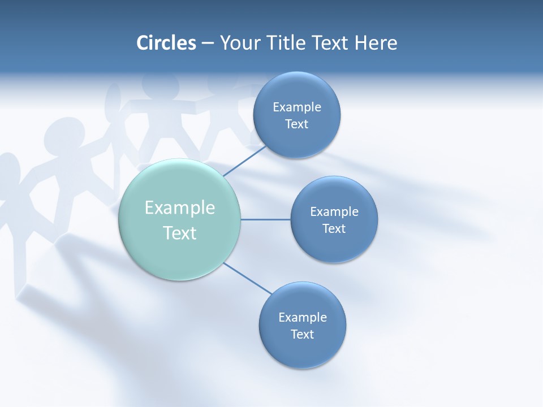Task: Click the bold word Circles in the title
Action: pos(166,43)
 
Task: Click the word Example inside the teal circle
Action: pos(180,208)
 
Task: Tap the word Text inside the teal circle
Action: pos(180,233)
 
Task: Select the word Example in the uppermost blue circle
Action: pos(296,107)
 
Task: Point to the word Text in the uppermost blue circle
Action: pos(296,124)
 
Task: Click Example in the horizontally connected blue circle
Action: pos(334,212)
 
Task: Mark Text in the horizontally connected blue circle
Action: pos(334,229)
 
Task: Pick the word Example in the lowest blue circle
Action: pos(302,318)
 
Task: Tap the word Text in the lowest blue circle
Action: pos(302,335)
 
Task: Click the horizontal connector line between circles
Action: pos(265,219)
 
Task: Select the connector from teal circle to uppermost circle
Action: pos(244,161)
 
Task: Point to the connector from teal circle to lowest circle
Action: pos(248,279)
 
